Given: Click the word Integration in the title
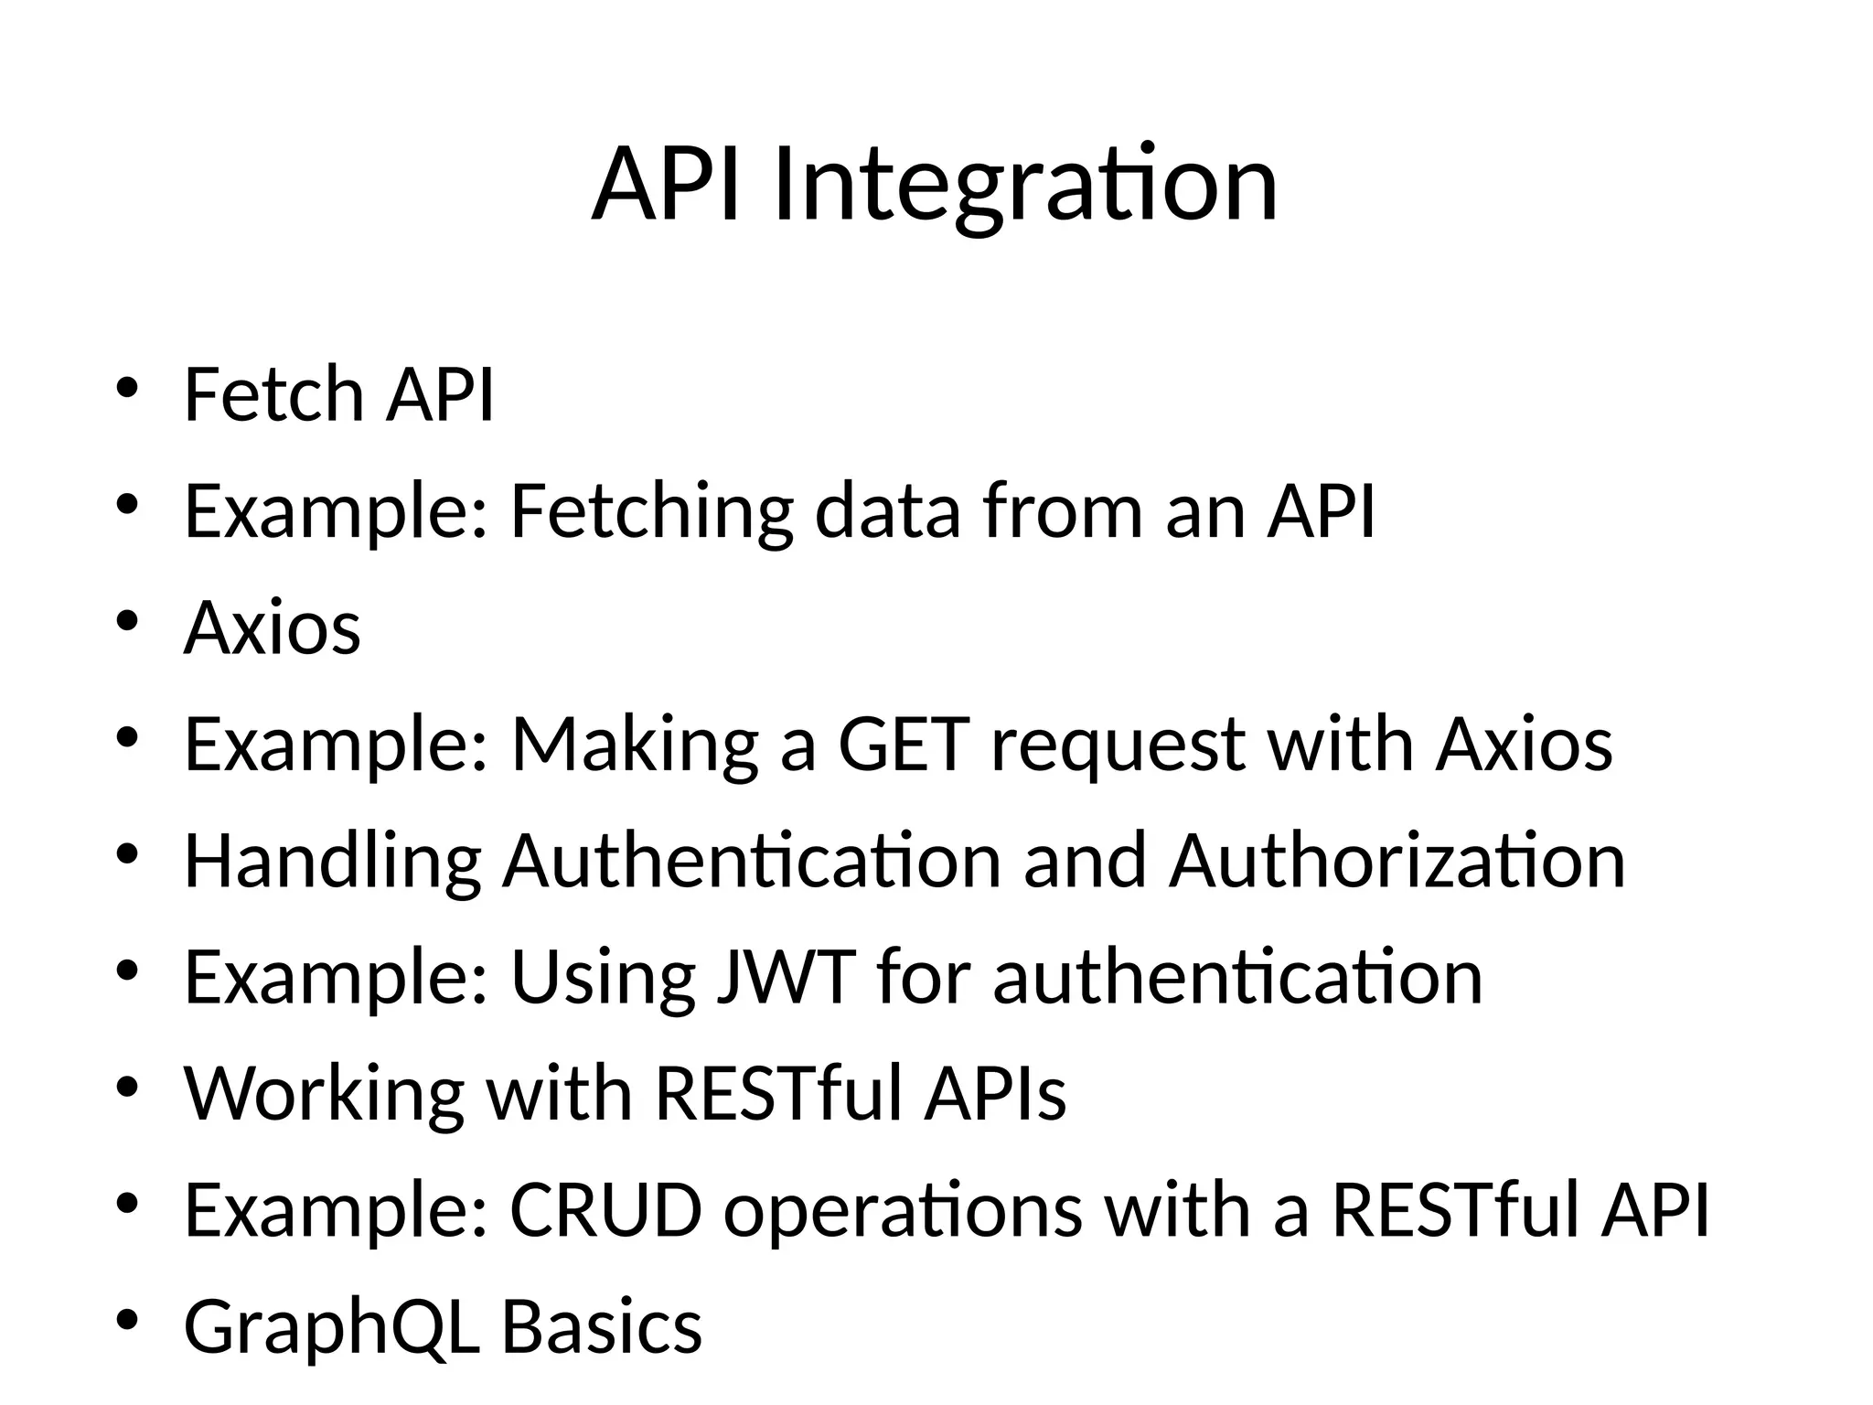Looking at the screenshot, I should pyautogui.click(x=1024, y=186).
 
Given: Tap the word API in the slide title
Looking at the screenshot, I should pyautogui.click(x=665, y=186).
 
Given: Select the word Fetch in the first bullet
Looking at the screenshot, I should pyautogui.click(x=273, y=394).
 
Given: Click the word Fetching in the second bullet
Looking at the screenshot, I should pyautogui.click(x=651, y=511).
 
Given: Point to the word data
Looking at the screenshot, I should pyautogui.click(x=887, y=511).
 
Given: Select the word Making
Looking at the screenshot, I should pyautogui.click(x=635, y=745).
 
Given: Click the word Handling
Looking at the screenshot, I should pyautogui.click(x=332, y=862).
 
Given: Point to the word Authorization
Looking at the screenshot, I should pyautogui.click(x=1397, y=862).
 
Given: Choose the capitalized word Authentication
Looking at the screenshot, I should pyautogui.click(x=752, y=862).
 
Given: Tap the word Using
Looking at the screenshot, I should pyautogui.click(x=603, y=980).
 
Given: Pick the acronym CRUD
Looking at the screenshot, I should pyautogui.click(x=605, y=1210).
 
